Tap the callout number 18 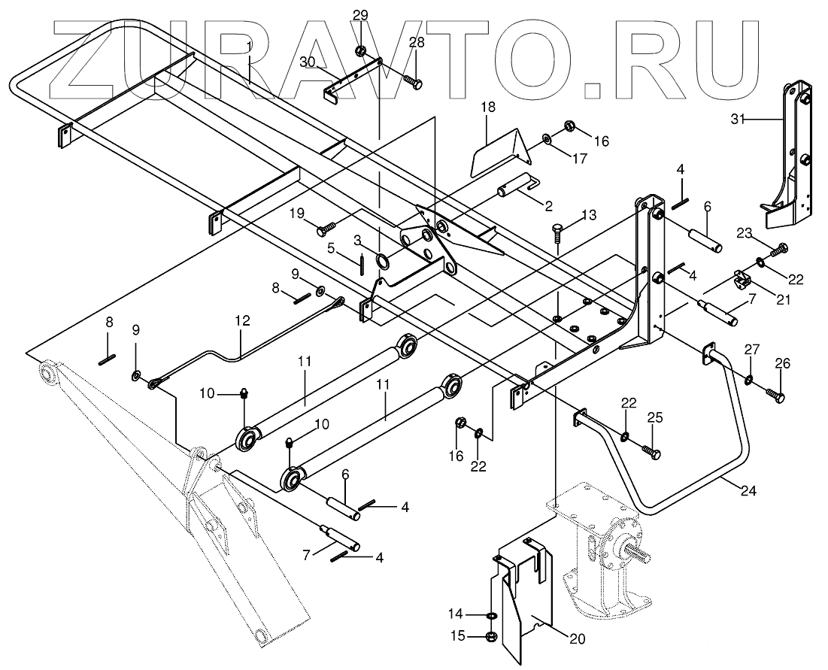pyautogui.click(x=488, y=107)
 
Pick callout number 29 pyautogui.click(x=360, y=14)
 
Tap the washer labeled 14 pyautogui.click(x=491, y=616)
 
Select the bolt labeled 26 pyautogui.click(x=777, y=394)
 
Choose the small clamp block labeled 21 pyautogui.click(x=742, y=282)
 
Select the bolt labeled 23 pyautogui.click(x=779, y=247)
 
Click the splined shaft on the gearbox pyautogui.click(x=639, y=556)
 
